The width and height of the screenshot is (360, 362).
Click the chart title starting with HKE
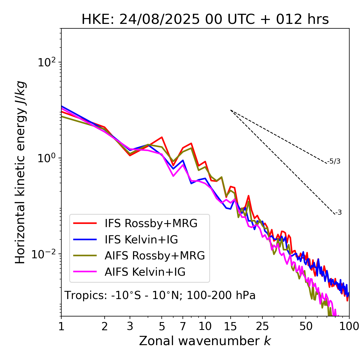205,20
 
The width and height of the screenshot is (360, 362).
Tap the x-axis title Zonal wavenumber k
205,341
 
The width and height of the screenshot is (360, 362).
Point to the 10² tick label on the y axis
46,63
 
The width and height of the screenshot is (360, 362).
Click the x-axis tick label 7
183,326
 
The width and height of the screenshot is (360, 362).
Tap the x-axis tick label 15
230,326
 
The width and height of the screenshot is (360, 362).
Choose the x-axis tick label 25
262,326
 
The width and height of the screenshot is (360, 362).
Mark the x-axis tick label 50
306,326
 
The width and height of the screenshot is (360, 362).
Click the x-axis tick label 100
349,326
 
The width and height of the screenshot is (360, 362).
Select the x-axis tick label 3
130,326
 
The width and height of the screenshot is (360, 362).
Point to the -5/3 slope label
334,162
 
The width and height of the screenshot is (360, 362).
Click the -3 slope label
338,213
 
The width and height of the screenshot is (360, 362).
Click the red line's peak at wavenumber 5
162,137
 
